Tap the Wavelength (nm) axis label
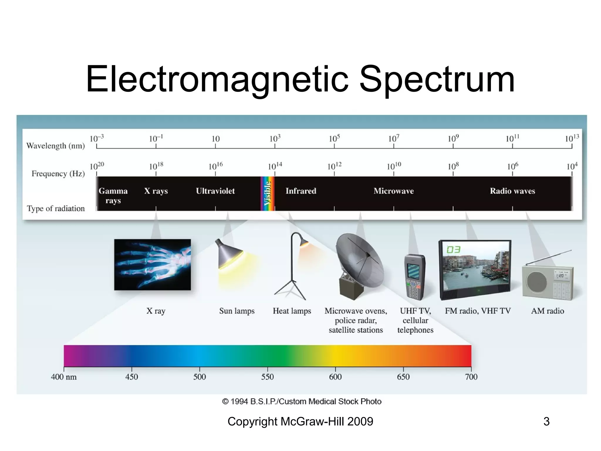pos(55,146)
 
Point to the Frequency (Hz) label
pos(58,174)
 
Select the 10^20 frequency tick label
pos(97,166)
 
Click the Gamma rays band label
pos(113,196)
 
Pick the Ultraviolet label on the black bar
pos(215,191)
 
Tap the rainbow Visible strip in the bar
pos(268,193)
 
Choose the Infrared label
pos(301,191)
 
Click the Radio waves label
pos(512,191)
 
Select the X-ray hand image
pos(152,265)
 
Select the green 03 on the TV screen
pos(453,250)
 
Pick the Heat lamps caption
pos(292,311)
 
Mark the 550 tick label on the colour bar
pos(267,377)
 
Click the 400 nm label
pos(64,377)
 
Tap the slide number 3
pos(546,422)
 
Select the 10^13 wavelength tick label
pos(572,138)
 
